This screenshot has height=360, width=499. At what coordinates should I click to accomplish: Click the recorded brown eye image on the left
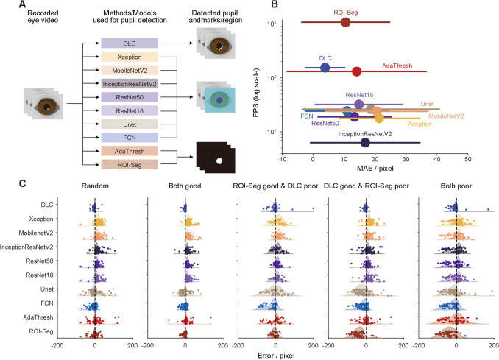tap(44, 106)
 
